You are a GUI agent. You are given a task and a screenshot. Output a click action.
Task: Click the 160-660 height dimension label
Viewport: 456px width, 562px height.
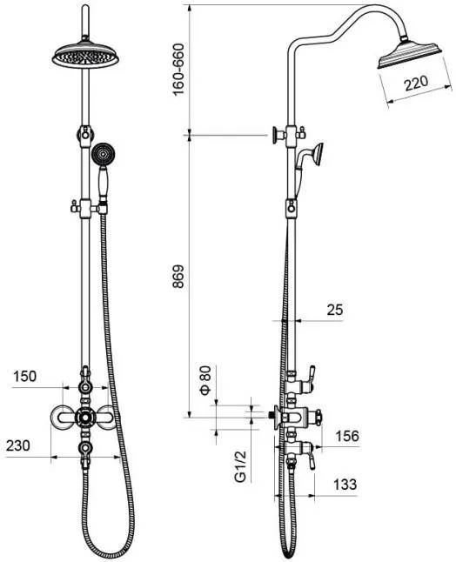(178, 70)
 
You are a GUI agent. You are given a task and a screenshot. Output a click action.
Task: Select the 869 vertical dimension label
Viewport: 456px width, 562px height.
(178, 277)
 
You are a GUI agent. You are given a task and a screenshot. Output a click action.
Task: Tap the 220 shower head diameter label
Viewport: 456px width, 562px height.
(416, 84)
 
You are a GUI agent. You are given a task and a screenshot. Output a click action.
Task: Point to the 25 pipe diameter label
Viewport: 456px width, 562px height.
(335, 310)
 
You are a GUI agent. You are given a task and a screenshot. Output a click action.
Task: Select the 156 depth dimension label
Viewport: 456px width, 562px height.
(347, 436)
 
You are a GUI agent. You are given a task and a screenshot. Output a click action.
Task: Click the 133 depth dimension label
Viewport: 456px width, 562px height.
(345, 485)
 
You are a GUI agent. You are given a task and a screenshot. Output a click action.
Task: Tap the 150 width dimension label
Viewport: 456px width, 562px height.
(24, 377)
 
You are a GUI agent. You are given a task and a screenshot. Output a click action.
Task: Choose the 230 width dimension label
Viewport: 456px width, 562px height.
(18, 446)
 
